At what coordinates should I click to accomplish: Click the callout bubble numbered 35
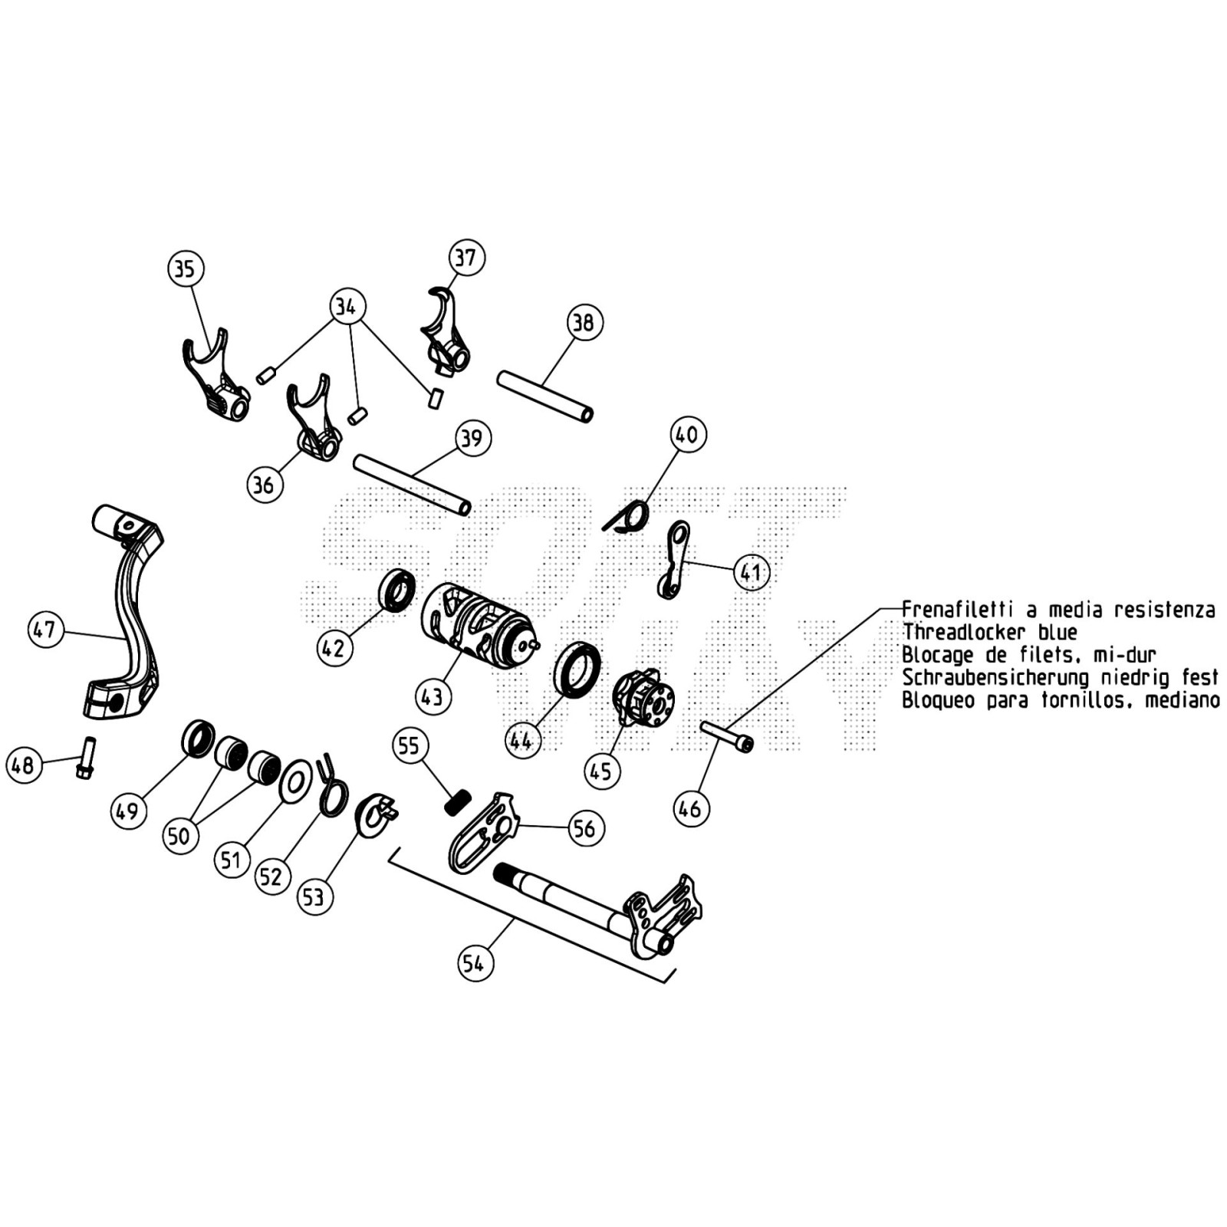(185, 268)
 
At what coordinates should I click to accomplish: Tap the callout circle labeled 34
(347, 307)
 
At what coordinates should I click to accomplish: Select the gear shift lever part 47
(127, 613)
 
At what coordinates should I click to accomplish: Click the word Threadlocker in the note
(963, 633)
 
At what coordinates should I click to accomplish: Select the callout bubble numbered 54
(475, 963)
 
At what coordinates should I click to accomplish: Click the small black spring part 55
(457, 803)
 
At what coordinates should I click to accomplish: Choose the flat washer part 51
(295, 781)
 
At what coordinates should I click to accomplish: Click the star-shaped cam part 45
(643, 696)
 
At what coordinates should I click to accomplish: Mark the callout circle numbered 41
(751, 572)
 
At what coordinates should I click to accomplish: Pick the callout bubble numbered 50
(179, 835)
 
